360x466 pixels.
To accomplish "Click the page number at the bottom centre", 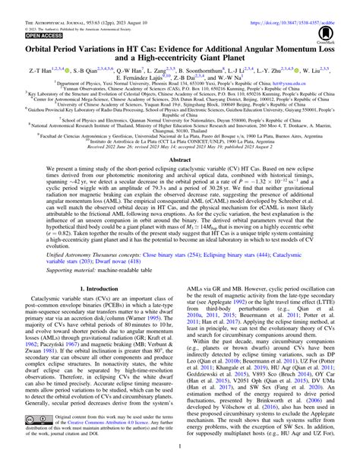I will [x=179, y=459].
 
